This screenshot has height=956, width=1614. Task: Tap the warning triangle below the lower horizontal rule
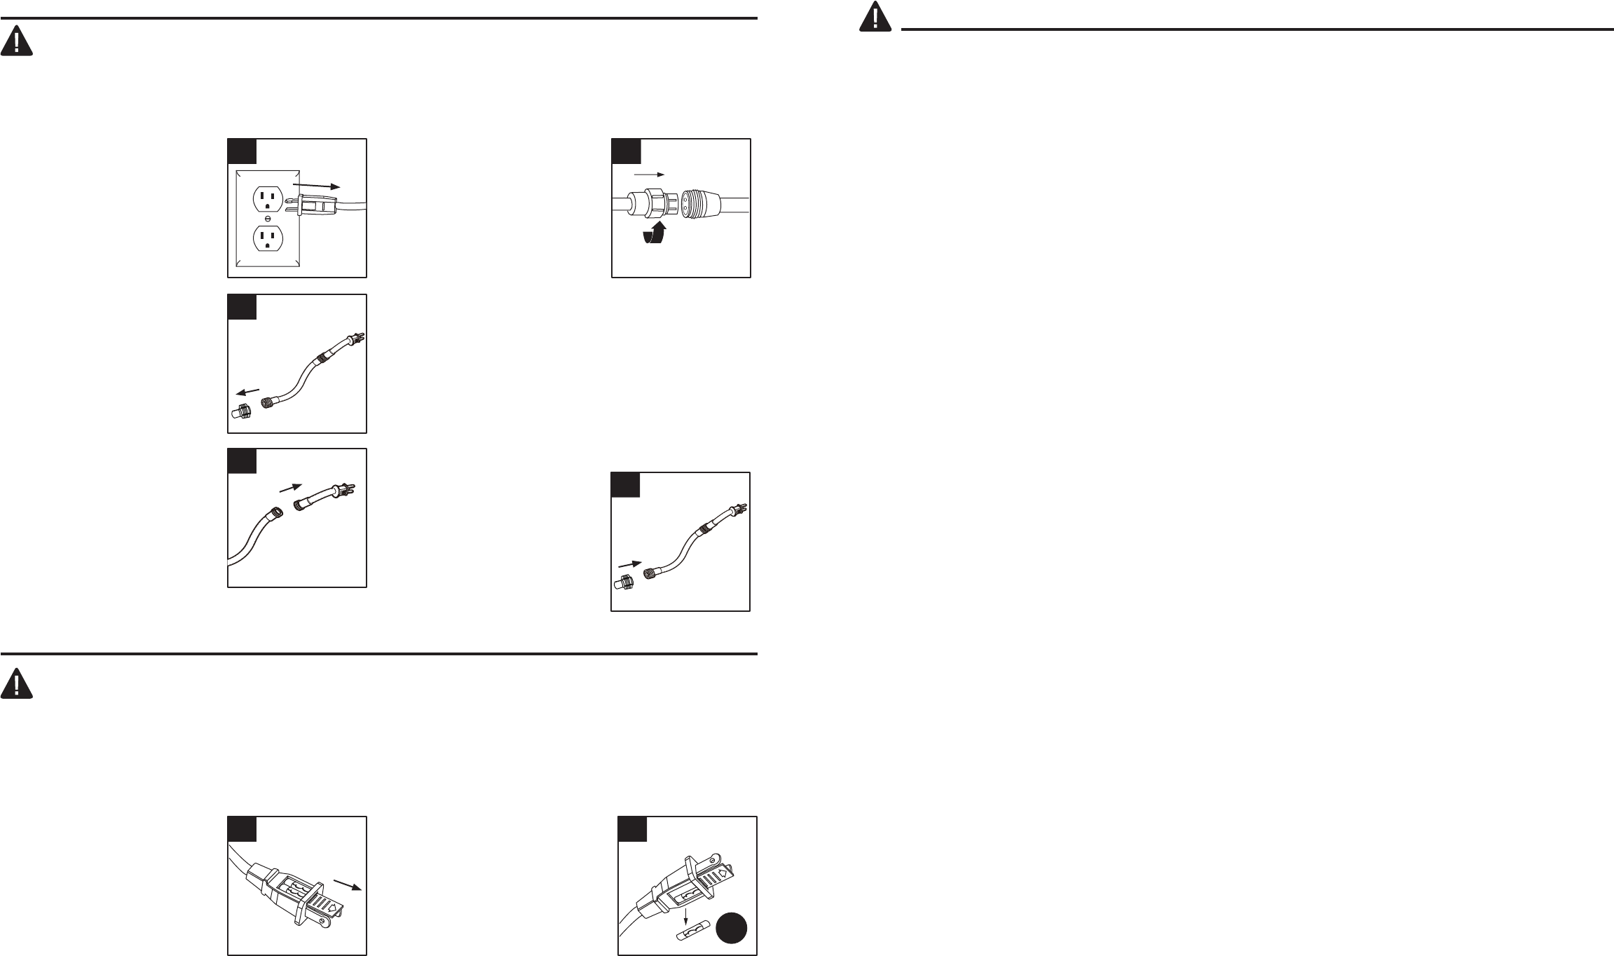point(16,683)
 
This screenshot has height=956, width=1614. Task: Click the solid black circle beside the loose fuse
point(732,929)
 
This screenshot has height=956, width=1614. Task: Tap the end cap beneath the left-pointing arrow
point(241,412)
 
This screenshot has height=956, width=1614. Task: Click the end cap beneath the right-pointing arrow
point(624,583)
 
